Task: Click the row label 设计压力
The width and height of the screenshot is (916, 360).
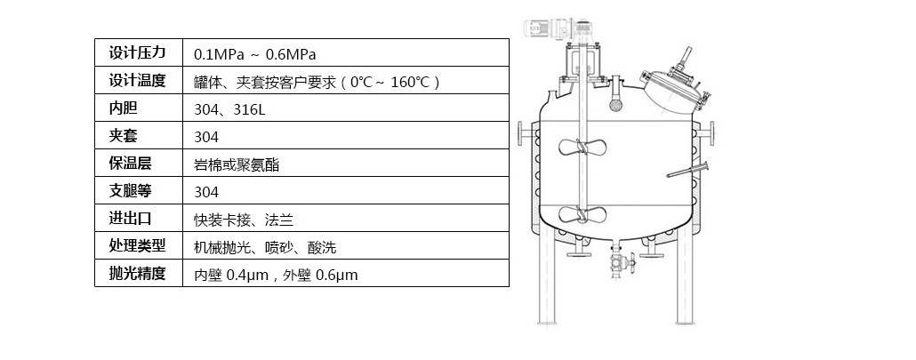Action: (x=137, y=52)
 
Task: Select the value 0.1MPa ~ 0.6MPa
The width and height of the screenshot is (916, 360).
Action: (x=254, y=55)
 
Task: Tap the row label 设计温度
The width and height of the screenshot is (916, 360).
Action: (x=137, y=81)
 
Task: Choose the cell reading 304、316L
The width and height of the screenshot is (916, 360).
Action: (x=229, y=109)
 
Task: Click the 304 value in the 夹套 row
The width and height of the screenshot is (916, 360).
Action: (x=206, y=137)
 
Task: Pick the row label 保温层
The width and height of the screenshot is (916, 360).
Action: (x=130, y=164)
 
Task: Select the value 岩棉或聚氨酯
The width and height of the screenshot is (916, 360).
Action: (x=237, y=165)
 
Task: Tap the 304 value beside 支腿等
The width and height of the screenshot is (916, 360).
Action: (x=206, y=193)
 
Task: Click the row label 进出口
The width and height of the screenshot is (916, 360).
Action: (x=130, y=218)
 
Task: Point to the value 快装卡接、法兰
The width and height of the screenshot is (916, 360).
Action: (x=244, y=220)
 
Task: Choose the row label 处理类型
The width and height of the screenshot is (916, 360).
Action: (x=137, y=245)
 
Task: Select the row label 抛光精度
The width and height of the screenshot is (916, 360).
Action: (x=137, y=273)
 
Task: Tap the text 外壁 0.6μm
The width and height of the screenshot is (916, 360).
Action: (x=320, y=275)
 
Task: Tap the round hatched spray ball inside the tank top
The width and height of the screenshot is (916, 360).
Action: (x=615, y=104)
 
